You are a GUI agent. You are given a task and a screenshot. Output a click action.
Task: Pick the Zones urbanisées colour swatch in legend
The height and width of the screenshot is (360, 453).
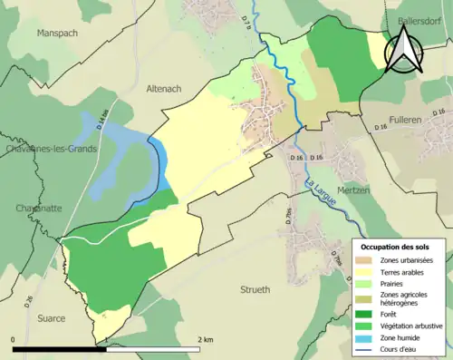366,261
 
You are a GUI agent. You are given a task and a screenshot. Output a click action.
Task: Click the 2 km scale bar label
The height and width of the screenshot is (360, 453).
205,339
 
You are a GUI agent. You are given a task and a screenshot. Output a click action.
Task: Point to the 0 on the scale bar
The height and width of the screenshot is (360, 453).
14,339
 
